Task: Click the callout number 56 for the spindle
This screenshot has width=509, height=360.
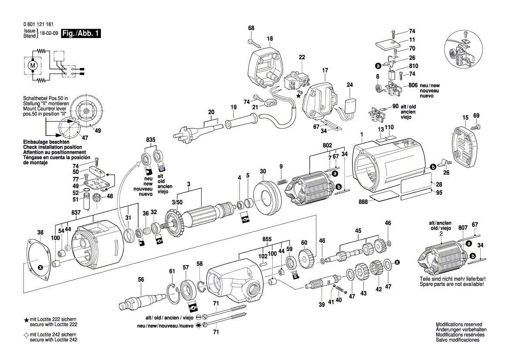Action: coord(141,280)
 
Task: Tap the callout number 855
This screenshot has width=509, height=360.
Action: coord(267,239)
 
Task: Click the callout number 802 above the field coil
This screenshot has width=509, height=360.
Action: coord(327,145)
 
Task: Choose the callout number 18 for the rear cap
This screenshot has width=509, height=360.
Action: coord(270,38)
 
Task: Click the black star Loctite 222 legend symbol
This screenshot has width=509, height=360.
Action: coord(26,320)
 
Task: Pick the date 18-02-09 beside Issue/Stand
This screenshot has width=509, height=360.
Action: coord(48,33)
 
